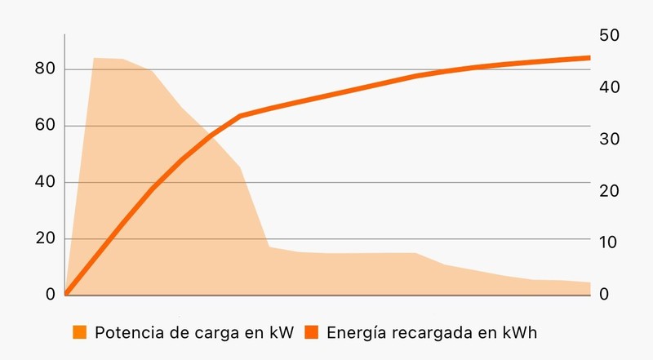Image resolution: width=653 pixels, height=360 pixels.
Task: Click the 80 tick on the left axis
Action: [44, 69]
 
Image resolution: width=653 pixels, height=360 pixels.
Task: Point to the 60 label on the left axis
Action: [44, 126]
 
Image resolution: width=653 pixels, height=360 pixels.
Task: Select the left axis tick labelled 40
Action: [44, 182]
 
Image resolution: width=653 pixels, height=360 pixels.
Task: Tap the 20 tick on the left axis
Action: [44, 238]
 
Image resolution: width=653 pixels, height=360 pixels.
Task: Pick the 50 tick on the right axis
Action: [610, 35]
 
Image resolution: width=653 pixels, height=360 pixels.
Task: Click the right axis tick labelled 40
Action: [610, 87]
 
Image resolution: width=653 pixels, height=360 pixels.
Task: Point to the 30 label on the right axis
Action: [610, 139]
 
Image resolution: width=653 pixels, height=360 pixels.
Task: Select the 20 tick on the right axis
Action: [610, 191]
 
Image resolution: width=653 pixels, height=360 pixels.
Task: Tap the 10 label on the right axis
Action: [610, 242]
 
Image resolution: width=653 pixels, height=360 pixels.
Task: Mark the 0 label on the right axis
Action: [604, 294]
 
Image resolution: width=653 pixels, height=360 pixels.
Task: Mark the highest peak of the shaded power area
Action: [95, 58]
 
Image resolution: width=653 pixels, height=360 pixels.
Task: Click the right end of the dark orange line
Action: [589, 57]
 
